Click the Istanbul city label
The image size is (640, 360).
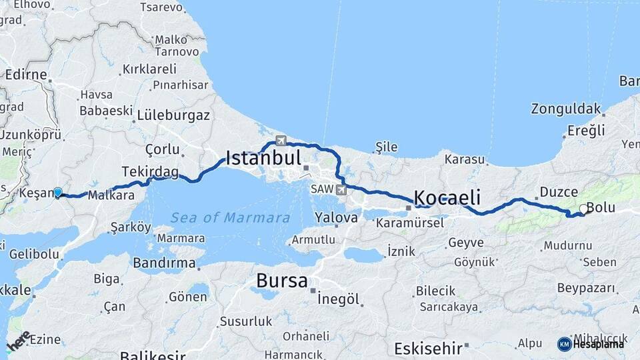coord(263,158)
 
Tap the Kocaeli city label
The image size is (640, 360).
coord(447,197)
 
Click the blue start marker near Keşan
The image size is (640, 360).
coord(58,193)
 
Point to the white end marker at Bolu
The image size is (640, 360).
coord(583,209)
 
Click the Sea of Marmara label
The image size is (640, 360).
coord(230,218)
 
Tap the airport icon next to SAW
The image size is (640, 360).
coord(342,191)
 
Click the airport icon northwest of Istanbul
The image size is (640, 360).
coord(281,141)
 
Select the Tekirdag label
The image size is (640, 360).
coord(150,172)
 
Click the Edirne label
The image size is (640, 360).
coord(26,75)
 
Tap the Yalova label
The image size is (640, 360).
coord(337,217)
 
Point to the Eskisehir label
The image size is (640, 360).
coord(428,349)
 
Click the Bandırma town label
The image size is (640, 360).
coord(164,263)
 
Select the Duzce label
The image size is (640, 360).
coord(559,192)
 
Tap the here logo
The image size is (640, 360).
coord(18,341)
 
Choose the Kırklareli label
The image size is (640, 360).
coord(149,69)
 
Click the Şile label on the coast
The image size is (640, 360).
coord(386,147)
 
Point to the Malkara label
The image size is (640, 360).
coord(111,196)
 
